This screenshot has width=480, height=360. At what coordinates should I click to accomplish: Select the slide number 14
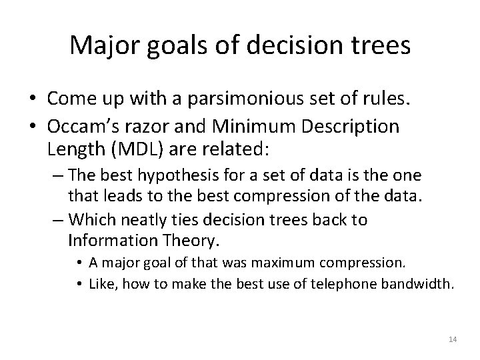tap(453, 340)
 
